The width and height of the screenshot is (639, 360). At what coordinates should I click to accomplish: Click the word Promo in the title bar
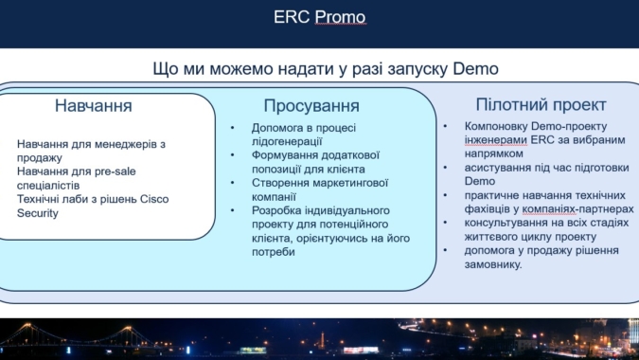(x=340, y=17)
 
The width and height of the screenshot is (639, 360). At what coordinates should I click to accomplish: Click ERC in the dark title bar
(x=291, y=17)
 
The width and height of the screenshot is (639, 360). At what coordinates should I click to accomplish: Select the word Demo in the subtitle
(x=475, y=68)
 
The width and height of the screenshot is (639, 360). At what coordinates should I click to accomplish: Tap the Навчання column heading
(x=94, y=105)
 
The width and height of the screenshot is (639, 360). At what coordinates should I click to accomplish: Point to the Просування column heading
(x=311, y=105)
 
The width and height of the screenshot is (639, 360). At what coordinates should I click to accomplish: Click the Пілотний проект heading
(x=541, y=105)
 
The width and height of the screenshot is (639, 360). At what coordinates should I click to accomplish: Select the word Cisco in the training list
(x=154, y=199)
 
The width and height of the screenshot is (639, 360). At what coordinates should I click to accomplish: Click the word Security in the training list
(x=38, y=213)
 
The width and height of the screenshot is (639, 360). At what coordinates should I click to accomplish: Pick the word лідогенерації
(x=287, y=141)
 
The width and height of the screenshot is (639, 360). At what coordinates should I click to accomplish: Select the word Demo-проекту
(x=569, y=126)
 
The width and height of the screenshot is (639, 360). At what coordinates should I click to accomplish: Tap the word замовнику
(x=493, y=264)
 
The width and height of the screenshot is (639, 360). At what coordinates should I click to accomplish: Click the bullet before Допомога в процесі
(x=233, y=128)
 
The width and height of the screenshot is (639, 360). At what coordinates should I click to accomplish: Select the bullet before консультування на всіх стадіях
(x=445, y=223)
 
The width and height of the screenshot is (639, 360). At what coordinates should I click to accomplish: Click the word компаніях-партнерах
(x=577, y=209)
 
